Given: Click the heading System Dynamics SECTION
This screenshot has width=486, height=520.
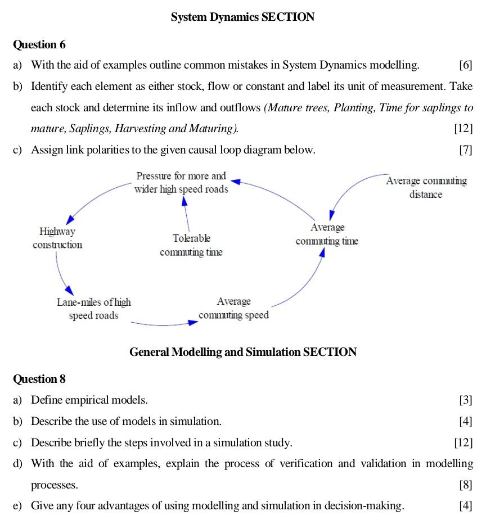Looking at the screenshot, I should [x=242, y=17].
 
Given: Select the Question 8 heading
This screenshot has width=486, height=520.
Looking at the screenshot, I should [x=39, y=379].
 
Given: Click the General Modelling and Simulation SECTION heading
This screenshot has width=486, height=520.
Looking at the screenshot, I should [x=242, y=352].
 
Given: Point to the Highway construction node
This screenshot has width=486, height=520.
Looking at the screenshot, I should [x=57, y=238].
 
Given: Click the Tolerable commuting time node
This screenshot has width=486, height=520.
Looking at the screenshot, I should [x=191, y=245].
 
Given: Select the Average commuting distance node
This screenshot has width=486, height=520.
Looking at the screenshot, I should [x=426, y=188].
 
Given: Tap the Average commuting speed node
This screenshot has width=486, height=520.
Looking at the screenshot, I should [x=233, y=308].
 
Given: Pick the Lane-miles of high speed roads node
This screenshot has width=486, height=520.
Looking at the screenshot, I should [x=93, y=309].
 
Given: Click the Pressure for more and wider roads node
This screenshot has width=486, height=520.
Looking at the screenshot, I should [x=181, y=183].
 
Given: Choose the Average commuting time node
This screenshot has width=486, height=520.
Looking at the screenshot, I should [x=327, y=234].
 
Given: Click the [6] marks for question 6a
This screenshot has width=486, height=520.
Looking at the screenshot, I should [x=465, y=65].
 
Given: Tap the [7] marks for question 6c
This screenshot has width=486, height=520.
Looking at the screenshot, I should [x=465, y=150].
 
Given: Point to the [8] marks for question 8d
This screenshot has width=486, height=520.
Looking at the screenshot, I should [x=465, y=485].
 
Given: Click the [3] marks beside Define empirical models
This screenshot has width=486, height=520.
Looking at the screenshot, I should [x=465, y=400].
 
